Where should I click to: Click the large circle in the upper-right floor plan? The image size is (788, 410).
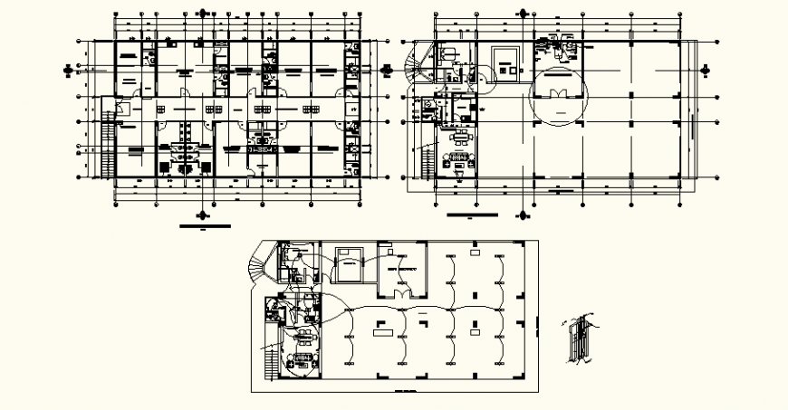[x=560, y=96]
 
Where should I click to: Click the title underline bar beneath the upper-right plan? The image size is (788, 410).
[x=473, y=216]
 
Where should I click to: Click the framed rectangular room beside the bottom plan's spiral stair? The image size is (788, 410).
[x=348, y=262]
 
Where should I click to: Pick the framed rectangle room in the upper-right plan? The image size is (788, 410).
[x=505, y=62]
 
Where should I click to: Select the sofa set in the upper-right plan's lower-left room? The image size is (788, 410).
[x=458, y=163]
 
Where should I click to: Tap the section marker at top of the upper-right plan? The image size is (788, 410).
[x=523, y=13]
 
